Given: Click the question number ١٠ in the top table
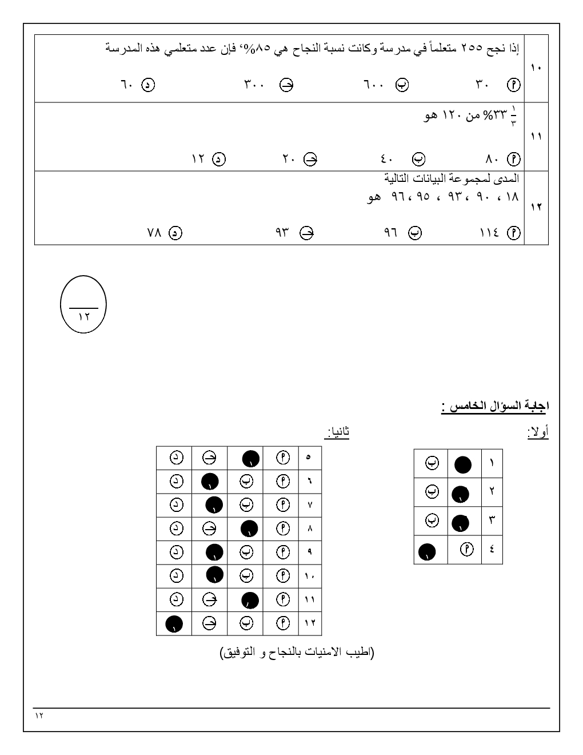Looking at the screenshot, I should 536,68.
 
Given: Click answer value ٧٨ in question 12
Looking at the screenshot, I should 155,233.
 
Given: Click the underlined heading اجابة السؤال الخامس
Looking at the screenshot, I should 494,407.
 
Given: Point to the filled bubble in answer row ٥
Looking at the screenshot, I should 251,459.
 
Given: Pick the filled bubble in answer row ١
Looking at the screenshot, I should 463,464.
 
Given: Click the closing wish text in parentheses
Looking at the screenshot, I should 297,653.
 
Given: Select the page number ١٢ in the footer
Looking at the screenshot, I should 39,716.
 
